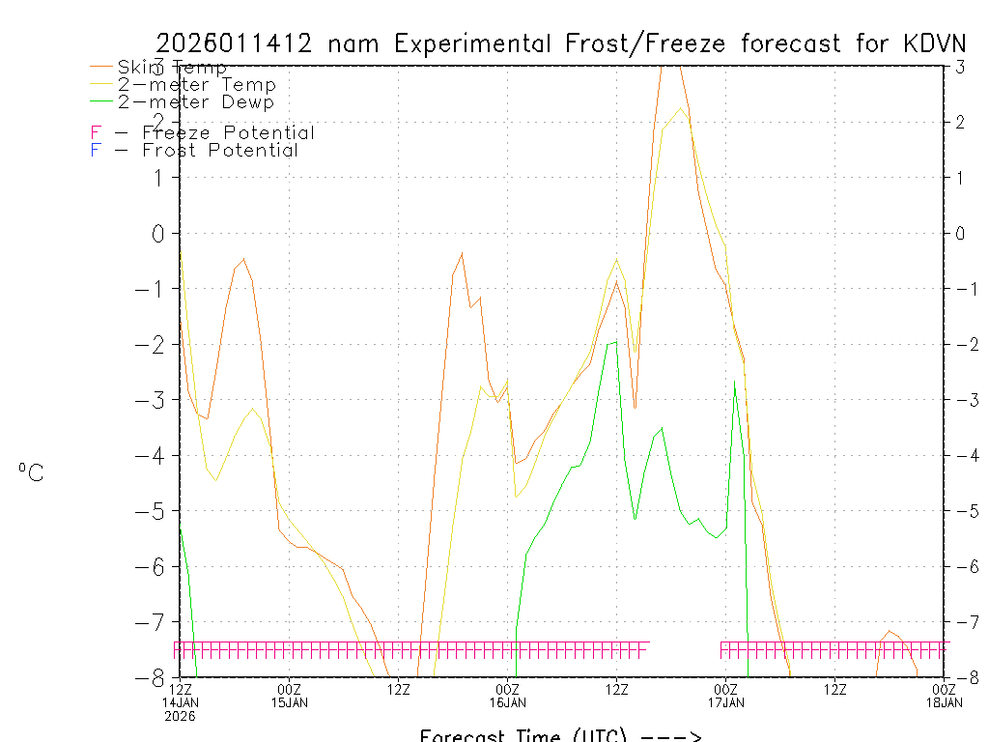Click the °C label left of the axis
click(x=31, y=472)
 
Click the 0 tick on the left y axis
click(x=159, y=233)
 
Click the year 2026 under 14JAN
click(x=179, y=716)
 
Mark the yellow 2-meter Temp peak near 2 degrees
click(x=681, y=108)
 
